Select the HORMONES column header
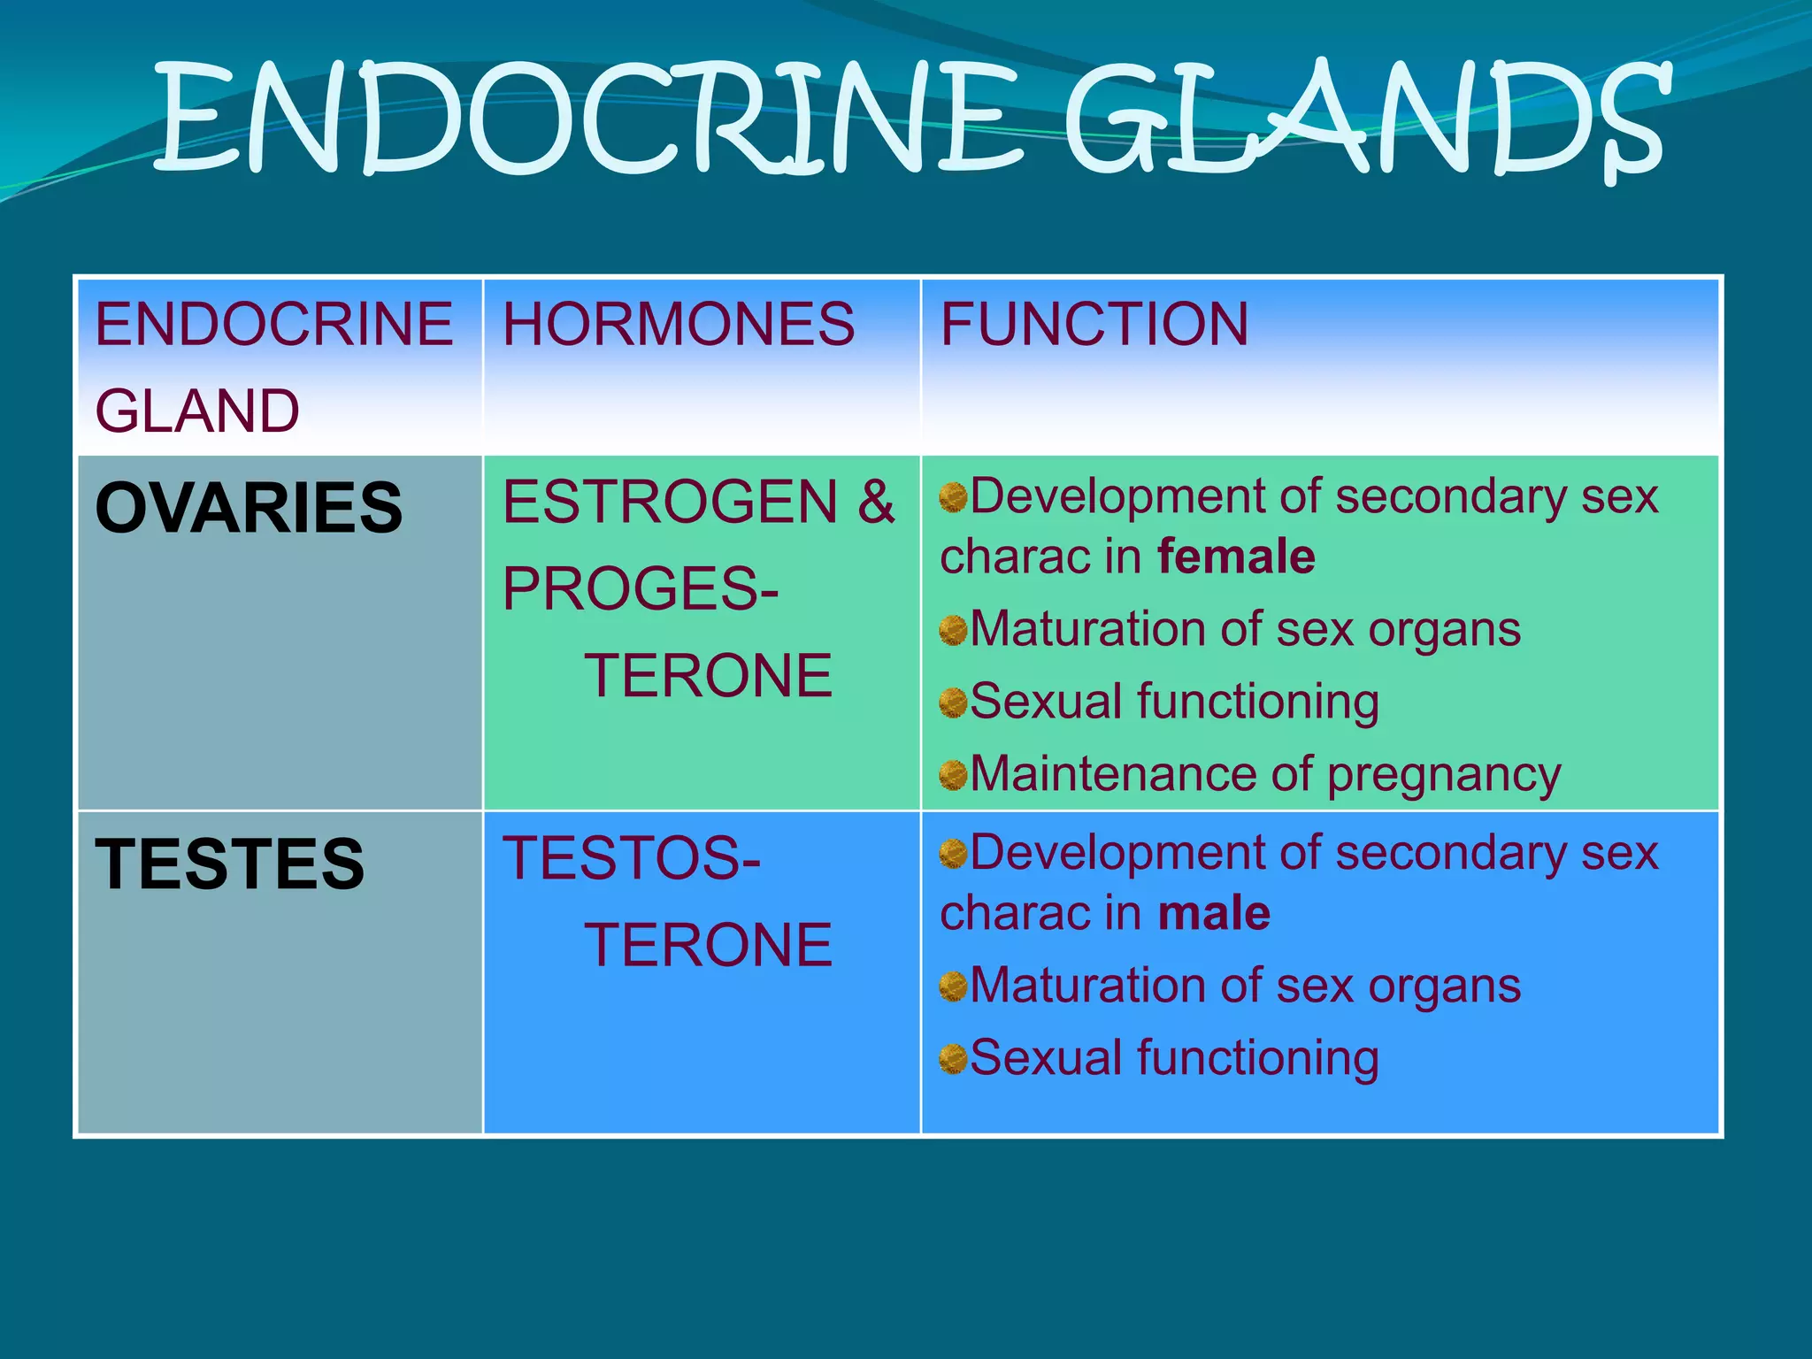(x=679, y=324)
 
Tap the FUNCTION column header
(x=1094, y=324)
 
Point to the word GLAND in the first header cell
(x=197, y=411)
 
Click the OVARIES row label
(x=249, y=508)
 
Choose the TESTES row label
(x=229, y=864)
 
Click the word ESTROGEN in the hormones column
(x=670, y=502)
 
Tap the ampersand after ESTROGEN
(x=875, y=502)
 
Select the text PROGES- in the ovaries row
(x=640, y=589)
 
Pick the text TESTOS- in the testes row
(x=631, y=858)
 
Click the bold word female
(x=1236, y=557)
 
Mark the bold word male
(x=1214, y=913)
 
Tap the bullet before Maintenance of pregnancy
(x=953, y=775)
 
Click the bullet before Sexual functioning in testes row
(x=953, y=1058)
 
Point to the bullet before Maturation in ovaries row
(x=953, y=630)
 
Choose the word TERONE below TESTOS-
(x=708, y=945)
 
